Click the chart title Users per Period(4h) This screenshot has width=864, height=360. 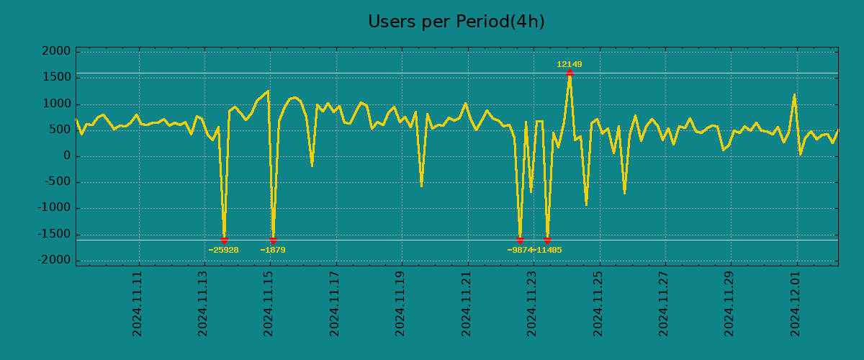[x=456, y=22]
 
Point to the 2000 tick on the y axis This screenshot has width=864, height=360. [x=56, y=52]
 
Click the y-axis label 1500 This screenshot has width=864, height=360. [x=56, y=78]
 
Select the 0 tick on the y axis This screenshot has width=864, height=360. [x=66, y=156]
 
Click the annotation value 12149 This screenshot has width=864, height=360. [x=569, y=65]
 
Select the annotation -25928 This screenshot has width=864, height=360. [x=223, y=251]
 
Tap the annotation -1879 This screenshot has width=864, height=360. [x=273, y=251]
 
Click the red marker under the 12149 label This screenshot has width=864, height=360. [x=570, y=73]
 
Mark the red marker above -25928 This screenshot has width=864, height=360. [x=224, y=240]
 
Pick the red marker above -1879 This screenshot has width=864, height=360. [x=273, y=240]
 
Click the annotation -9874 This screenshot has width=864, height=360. [x=519, y=251]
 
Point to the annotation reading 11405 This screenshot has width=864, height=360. [x=549, y=251]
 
